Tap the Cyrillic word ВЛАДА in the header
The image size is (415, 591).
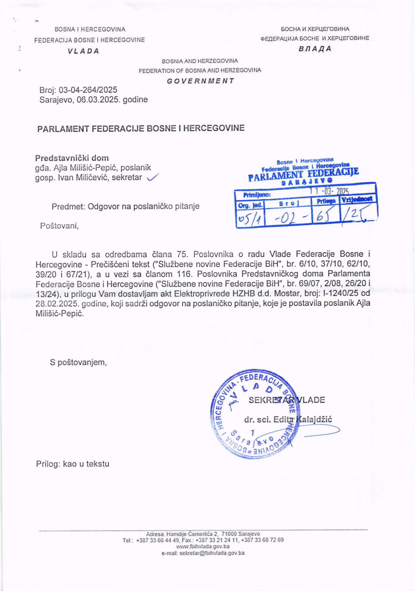click(x=315, y=49)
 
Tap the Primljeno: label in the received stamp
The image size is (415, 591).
click(x=257, y=195)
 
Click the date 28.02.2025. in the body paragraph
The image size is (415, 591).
click(x=57, y=304)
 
